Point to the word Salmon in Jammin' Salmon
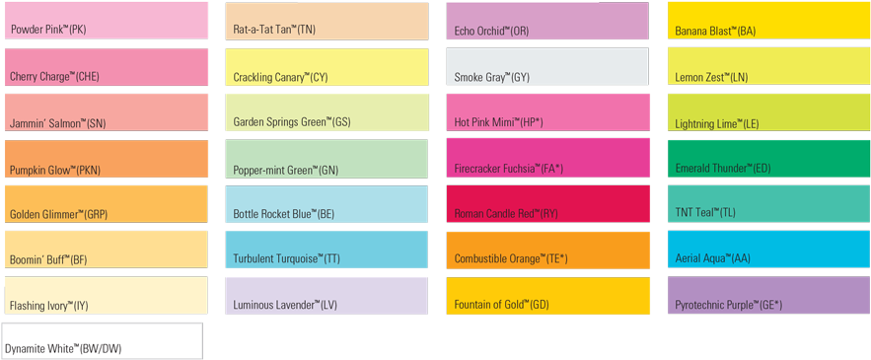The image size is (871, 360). point(66,124)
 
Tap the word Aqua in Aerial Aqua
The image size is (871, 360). point(712,259)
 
